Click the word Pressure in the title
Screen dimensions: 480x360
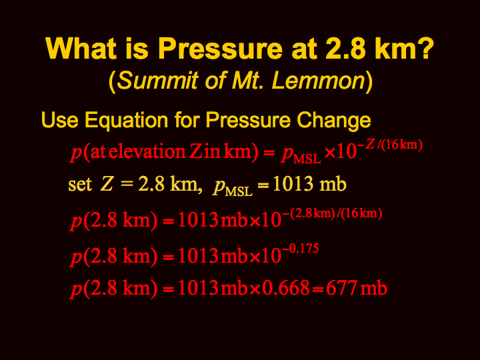pos(220,49)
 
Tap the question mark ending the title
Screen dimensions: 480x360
pos(426,48)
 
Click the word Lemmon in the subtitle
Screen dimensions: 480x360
pos(319,81)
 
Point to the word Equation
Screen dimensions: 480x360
pos(127,121)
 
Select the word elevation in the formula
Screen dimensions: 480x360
pos(147,151)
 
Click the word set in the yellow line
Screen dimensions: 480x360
pos(80,184)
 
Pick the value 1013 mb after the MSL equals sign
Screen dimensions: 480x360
pos(309,184)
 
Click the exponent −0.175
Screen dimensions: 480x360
pos(300,249)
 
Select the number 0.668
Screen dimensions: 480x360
pos(285,288)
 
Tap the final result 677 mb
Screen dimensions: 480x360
pos(357,288)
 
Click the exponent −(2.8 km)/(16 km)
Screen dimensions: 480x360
pos(332,213)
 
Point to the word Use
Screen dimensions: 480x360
pos(60,120)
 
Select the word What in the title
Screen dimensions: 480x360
pos(81,49)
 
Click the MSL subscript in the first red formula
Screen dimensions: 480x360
pos(307,159)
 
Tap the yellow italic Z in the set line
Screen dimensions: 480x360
pos(107,184)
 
